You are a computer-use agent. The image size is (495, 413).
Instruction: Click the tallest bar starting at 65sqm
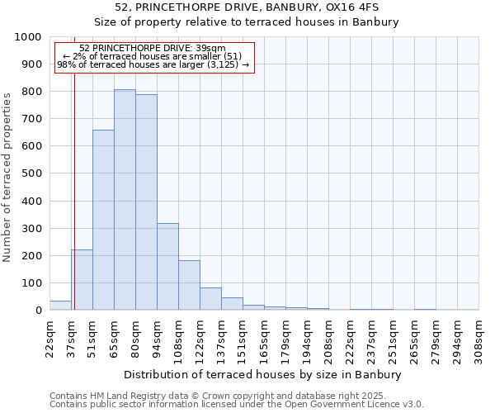click(x=125, y=200)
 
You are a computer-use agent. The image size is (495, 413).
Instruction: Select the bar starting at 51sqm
click(x=103, y=220)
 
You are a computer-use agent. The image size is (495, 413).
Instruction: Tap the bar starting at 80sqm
click(x=146, y=202)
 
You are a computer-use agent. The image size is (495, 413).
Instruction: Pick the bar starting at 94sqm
click(x=167, y=267)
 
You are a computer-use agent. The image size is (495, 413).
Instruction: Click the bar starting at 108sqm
click(x=189, y=285)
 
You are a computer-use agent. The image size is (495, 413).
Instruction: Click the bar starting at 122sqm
click(x=210, y=299)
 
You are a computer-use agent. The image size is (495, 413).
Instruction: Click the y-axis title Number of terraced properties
click(x=7, y=177)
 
